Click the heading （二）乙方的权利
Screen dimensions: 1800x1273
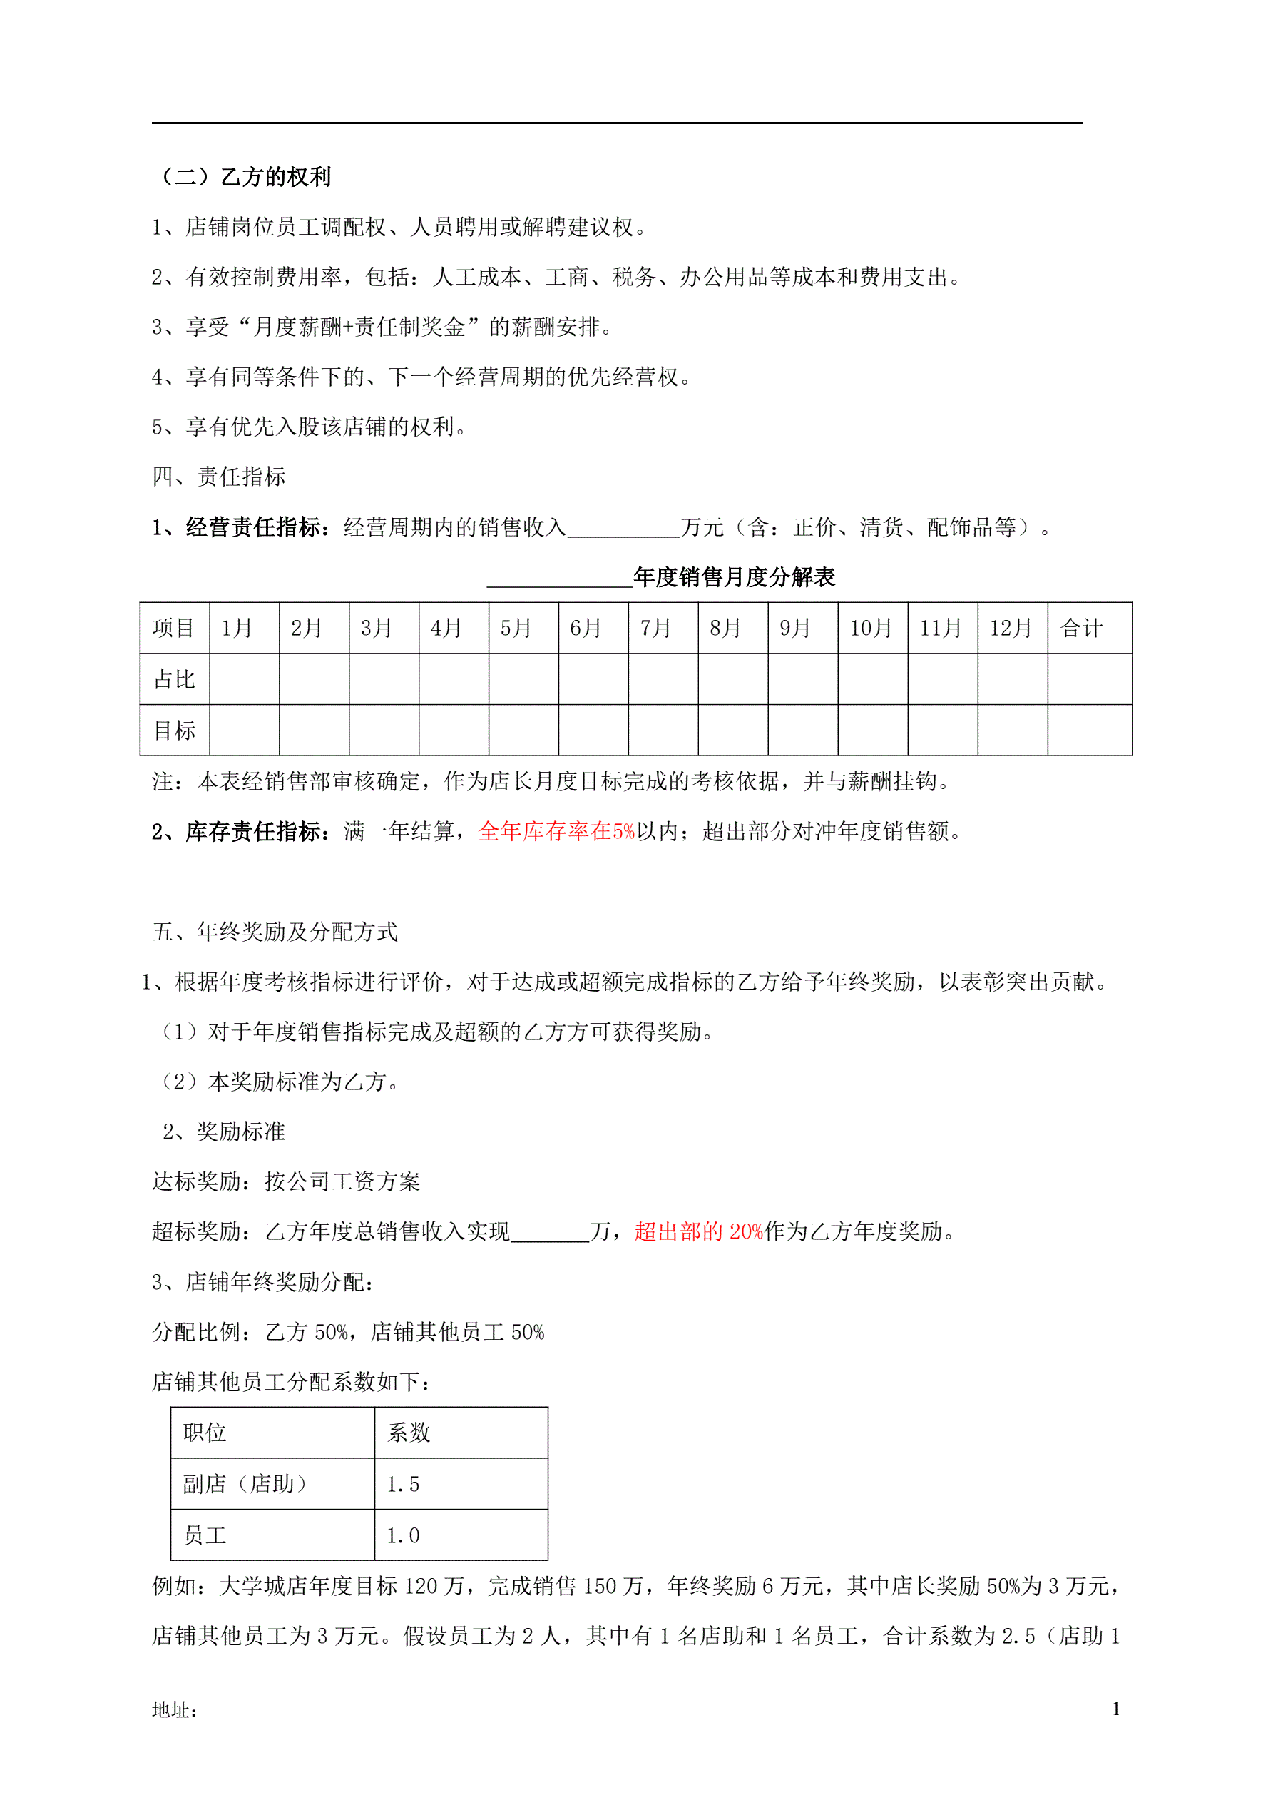pyautogui.click(x=245, y=177)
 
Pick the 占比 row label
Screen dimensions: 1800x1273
pyautogui.click(x=174, y=679)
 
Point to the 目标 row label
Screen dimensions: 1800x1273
pyautogui.click(x=174, y=731)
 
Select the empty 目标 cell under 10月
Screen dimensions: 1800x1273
pyautogui.click(x=872, y=731)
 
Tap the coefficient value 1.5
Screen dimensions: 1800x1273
pyautogui.click(x=403, y=1484)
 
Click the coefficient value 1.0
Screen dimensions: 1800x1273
pyautogui.click(x=403, y=1535)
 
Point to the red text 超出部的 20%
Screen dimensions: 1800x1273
pyautogui.click(x=698, y=1231)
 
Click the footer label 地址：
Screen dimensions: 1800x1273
pyautogui.click(x=174, y=1710)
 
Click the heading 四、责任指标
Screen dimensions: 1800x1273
pyautogui.click(x=219, y=477)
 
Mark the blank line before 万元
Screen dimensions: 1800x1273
pyautogui.click(x=623, y=529)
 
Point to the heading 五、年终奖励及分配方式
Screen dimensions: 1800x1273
pyautogui.click(x=275, y=932)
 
